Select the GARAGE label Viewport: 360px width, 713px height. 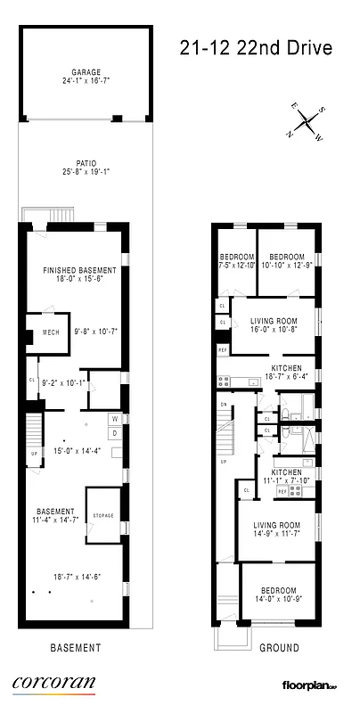coord(86,71)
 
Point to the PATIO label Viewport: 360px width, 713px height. coord(86,164)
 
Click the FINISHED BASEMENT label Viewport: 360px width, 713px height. coord(80,270)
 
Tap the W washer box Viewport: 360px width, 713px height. coord(114,419)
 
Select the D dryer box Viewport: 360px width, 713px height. coord(114,433)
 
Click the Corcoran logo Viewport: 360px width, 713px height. coord(53,684)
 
